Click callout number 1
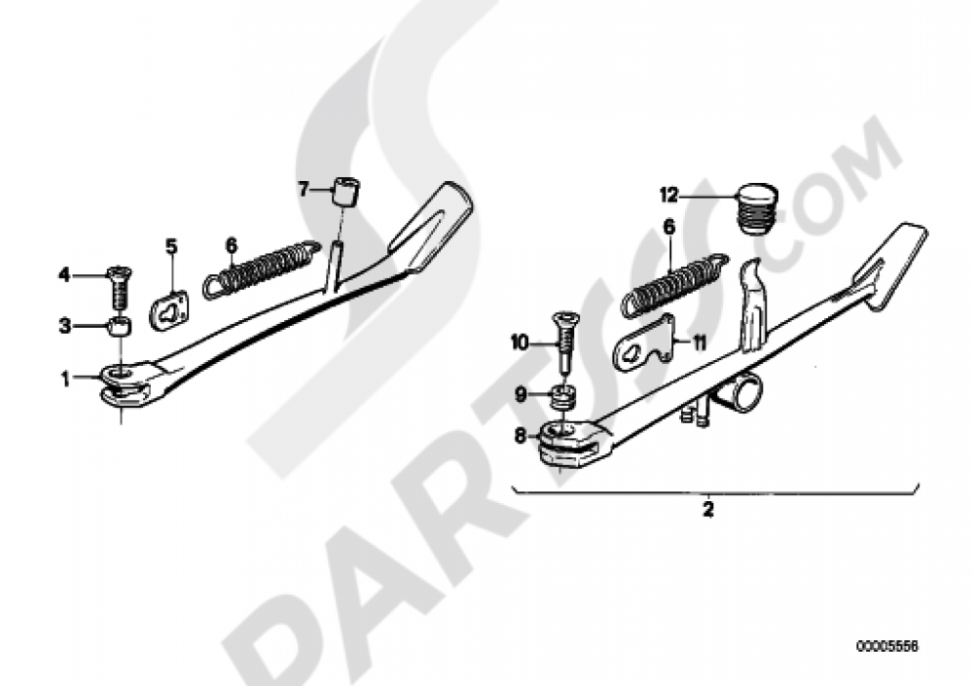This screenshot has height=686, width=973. [66, 379]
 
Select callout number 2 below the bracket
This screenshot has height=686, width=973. [707, 510]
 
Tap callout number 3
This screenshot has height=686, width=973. [65, 325]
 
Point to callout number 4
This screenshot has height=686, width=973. [64, 273]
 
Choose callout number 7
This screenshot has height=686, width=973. [303, 188]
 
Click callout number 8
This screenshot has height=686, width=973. [520, 437]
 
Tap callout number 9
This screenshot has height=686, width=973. [520, 393]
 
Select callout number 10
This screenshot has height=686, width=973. [519, 342]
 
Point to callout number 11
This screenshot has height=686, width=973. [700, 343]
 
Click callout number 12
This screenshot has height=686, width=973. [669, 196]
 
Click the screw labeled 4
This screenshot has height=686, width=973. [117, 289]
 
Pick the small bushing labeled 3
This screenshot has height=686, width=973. [120, 326]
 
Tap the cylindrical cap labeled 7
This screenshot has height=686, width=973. [347, 192]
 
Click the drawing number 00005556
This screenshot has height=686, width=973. [886, 646]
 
